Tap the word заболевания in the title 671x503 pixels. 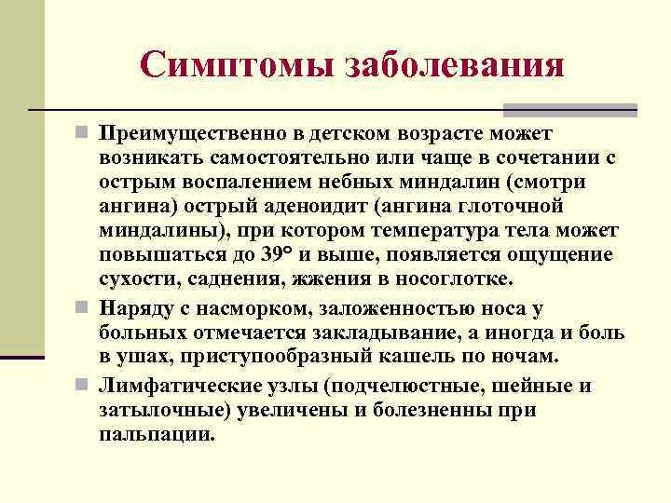(x=456, y=64)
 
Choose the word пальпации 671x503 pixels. (x=157, y=435)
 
